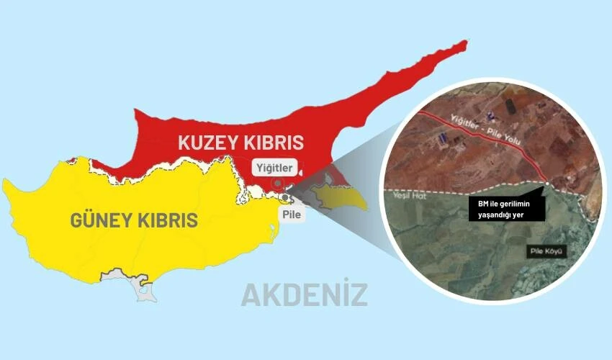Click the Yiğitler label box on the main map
pyautogui.click(x=275, y=168)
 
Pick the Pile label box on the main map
pyautogui.click(x=293, y=213)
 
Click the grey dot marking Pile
pyautogui.click(x=287, y=197)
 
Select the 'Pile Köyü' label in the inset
pyautogui.click(x=545, y=251)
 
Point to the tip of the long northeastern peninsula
pyautogui.click(x=464, y=42)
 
